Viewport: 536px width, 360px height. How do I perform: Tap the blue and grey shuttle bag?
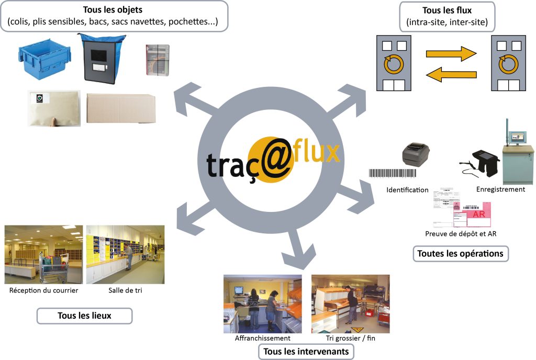pos(103,58)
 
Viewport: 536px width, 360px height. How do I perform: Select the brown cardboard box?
pos(121,108)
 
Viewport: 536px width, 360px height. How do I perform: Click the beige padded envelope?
pos(54,108)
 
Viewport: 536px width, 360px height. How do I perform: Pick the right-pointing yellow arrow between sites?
pos(451,53)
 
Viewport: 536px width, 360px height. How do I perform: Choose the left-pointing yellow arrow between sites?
pos(451,75)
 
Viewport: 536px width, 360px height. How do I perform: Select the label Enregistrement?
pos(500,189)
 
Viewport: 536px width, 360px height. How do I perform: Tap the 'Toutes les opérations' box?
pos(460,254)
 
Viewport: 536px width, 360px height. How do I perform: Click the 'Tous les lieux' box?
pos(84,316)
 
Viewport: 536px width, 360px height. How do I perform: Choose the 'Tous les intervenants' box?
pos(306,351)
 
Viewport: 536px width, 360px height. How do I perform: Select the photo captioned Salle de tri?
pos(125,254)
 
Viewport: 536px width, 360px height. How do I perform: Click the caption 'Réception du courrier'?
pos(44,290)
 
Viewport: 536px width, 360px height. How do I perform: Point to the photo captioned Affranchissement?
pos(262,303)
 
